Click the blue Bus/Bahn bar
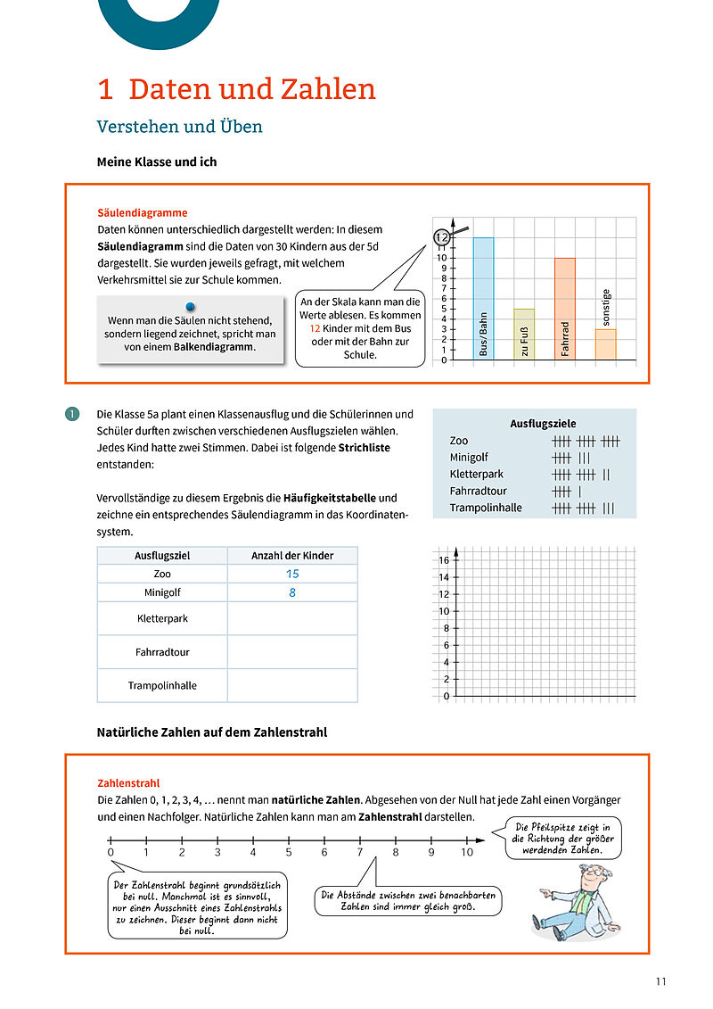coord(483,299)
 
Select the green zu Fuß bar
coord(524,335)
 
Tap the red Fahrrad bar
coord(565,309)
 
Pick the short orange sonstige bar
coord(606,344)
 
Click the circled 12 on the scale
coord(441,237)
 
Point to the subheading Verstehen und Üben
coord(179,127)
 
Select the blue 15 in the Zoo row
coord(292,574)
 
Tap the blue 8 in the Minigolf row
coord(292,592)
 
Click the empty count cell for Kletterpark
coord(292,618)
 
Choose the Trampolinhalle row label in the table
coord(162,685)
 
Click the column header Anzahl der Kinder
coord(292,556)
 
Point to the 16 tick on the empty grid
coord(444,560)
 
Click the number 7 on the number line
coord(360,852)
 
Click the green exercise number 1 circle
coord(72,414)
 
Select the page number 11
coord(660,982)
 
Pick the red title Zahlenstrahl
coord(127,783)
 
